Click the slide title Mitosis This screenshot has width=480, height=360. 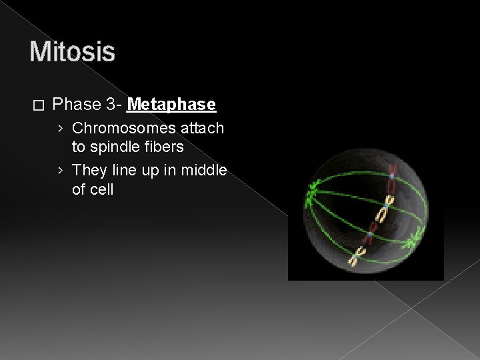click(72, 52)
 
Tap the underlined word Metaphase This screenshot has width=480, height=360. click(171, 105)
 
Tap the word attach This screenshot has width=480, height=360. click(203, 127)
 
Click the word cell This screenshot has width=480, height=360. click(101, 189)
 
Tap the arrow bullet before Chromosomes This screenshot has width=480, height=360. click(61, 127)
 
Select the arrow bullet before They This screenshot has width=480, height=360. click(61, 170)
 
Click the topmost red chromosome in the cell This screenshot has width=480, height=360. click(393, 176)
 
